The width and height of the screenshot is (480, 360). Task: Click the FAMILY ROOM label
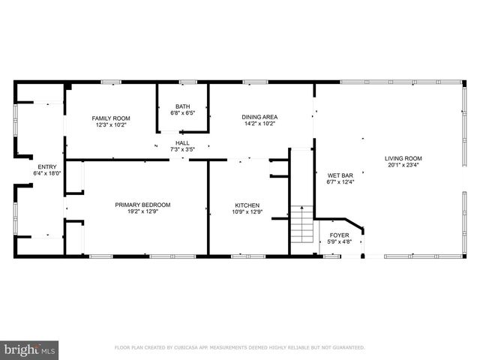[x=111, y=118]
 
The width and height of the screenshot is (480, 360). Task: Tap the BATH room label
[x=182, y=106]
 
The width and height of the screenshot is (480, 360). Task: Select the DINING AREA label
[x=259, y=117]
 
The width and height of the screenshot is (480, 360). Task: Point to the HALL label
[x=182, y=142]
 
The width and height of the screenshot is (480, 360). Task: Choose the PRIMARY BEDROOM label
[x=142, y=205]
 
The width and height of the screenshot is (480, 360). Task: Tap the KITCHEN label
[x=247, y=205]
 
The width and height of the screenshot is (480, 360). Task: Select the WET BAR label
[x=340, y=175]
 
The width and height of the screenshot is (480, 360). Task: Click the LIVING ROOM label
[x=403, y=158]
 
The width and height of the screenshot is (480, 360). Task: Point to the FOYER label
[x=340, y=235]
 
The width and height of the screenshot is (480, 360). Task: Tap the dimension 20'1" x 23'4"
[x=403, y=166]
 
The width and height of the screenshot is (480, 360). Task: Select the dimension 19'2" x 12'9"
[x=142, y=211]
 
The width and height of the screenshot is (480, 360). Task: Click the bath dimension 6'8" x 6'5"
[x=182, y=113]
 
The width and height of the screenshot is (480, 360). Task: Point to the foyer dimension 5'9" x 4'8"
[x=340, y=241]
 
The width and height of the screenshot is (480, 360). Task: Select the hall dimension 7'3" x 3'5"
[x=182, y=149]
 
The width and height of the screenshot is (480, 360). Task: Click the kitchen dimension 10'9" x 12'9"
[x=247, y=211]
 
